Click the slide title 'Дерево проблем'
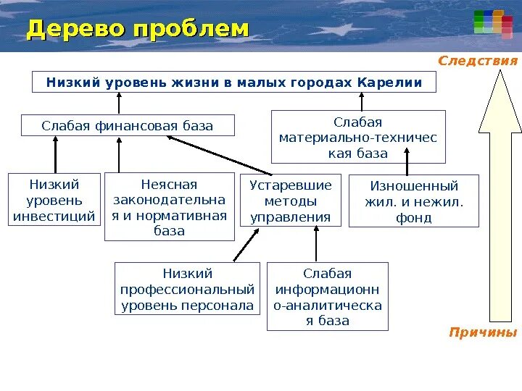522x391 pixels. click(138, 29)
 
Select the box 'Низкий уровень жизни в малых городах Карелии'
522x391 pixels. click(234, 83)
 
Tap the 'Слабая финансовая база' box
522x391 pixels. click(128, 125)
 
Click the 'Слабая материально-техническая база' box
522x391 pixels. click(358, 137)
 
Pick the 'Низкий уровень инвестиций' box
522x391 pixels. click(54, 200)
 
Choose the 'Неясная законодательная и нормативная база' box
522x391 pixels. click(169, 207)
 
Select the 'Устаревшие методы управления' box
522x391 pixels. click(290, 201)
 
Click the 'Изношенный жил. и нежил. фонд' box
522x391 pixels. click(414, 201)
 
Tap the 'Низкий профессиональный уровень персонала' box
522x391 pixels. click(188, 289)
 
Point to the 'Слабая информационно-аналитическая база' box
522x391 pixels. click(328, 296)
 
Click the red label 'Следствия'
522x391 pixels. click(478, 61)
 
